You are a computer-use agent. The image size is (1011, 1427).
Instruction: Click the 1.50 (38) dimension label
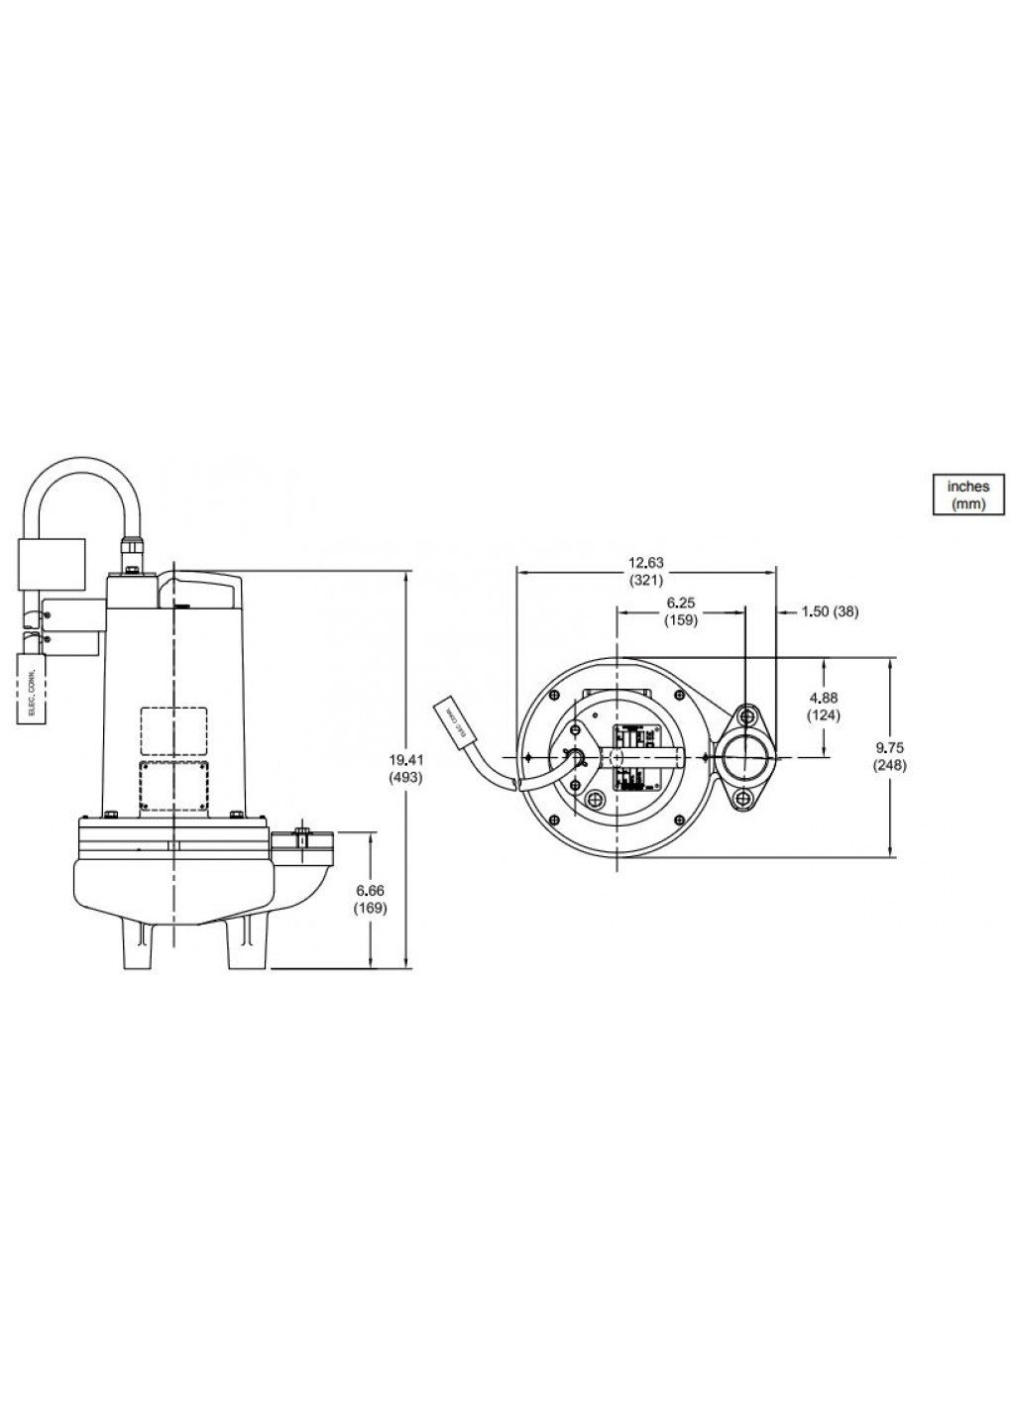829,611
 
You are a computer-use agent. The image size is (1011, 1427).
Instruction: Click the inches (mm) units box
967,494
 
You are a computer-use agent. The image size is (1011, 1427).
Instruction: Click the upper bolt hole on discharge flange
745,715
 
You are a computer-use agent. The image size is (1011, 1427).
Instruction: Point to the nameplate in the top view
626,757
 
